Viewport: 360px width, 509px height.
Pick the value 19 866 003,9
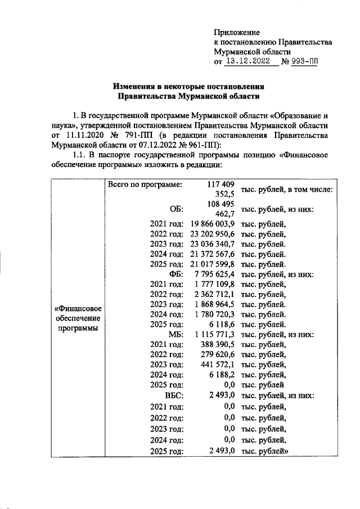click(211, 224)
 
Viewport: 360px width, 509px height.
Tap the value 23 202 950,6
click(211, 235)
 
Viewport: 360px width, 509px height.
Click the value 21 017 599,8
click(211, 264)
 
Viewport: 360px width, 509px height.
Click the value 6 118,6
click(222, 325)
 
